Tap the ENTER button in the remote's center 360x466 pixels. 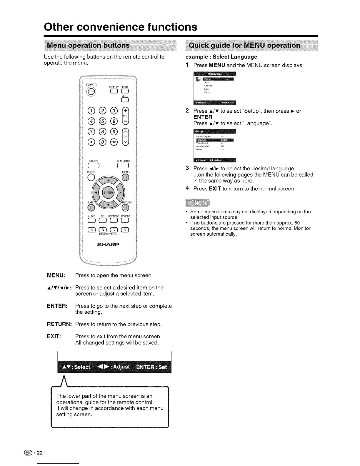pos(108,193)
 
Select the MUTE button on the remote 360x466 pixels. pos(125,101)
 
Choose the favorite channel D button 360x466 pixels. pos(125,230)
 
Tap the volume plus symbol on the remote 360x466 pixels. pos(125,111)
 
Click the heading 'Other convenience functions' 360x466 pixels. pos(121,27)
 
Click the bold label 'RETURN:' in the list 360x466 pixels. pos(59,324)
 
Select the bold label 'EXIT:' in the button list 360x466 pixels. pos(54,336)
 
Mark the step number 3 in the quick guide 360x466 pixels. pos(187,168)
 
